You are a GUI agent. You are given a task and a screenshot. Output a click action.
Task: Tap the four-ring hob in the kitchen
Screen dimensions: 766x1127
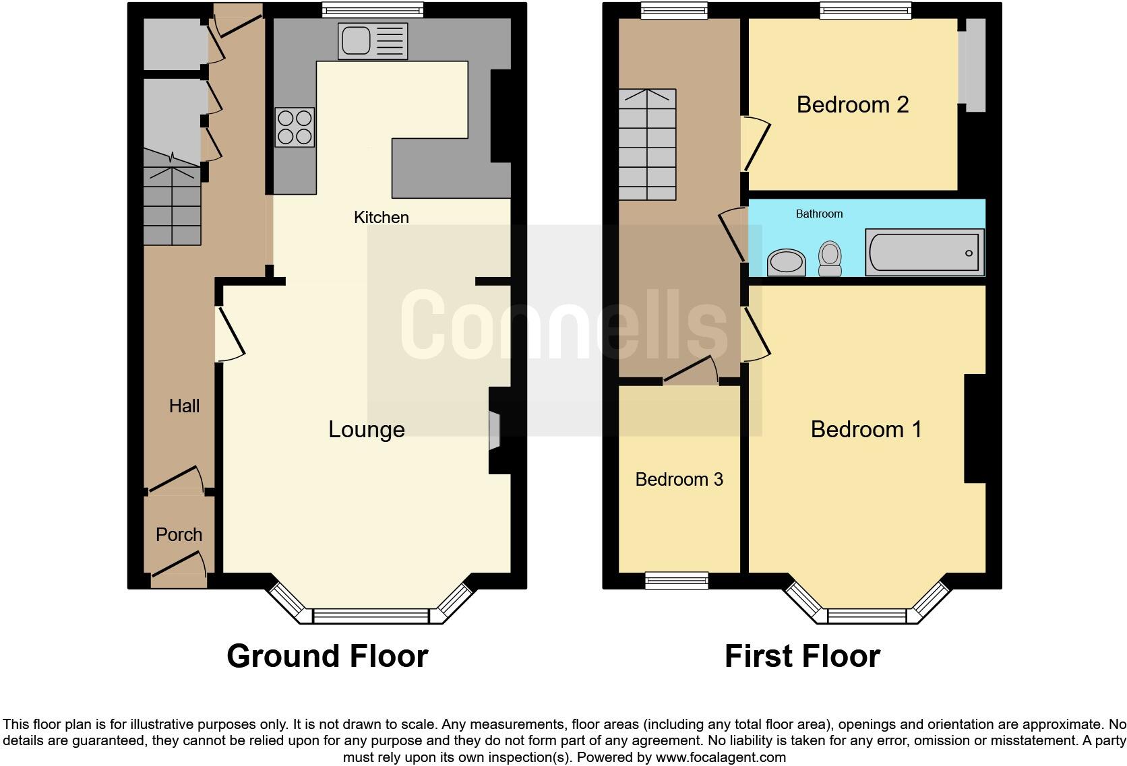[295, 127]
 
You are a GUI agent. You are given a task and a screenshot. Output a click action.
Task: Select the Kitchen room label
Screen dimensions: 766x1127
[381, 217]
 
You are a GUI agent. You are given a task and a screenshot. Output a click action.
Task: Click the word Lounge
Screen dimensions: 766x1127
[366, 429]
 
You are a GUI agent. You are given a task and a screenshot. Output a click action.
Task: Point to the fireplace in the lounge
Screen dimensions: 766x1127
[495, 430]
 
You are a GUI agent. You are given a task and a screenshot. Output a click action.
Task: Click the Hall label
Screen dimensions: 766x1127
[184, 406]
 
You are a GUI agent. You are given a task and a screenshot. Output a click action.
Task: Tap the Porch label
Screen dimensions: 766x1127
[179, 534]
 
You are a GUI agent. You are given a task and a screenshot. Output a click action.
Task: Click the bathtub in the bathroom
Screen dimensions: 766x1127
[924, 253]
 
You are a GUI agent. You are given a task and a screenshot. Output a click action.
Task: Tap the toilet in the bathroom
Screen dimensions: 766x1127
[830, 258]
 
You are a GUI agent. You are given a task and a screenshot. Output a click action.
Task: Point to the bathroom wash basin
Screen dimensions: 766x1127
[787, 262]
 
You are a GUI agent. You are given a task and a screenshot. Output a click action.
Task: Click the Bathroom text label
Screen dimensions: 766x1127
[819, 214]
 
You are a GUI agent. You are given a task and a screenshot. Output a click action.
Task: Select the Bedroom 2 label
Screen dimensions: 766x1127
[852, 104]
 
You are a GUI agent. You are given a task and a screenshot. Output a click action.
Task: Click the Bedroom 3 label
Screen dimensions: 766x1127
[679, 479]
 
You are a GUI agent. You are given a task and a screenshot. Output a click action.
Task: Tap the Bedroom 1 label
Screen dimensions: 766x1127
[865, 429]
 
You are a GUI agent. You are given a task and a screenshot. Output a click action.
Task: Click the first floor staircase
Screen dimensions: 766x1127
[647, 145]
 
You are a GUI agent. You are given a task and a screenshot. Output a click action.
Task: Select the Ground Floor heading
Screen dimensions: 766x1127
[327, 656]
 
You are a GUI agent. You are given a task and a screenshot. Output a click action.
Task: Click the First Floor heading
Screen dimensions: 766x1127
[801, 656]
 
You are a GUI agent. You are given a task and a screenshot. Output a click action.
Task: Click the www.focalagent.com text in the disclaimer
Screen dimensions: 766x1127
[721, 757]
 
